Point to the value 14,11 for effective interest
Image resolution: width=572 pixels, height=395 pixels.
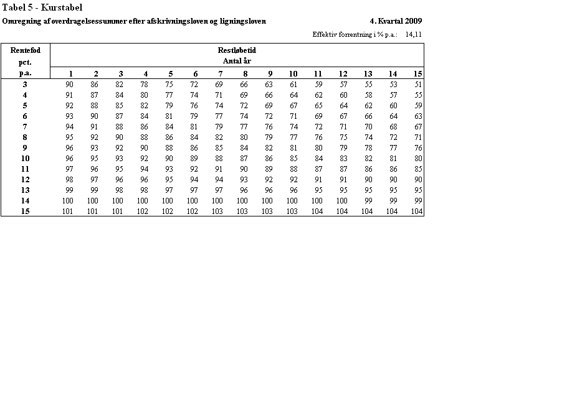pyautogui.click(x=413, y=34)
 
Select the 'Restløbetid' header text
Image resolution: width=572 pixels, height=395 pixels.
pyautogui.click(x=237, y=50)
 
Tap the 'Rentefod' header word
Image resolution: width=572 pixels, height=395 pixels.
pyautogui.click(x=25, y=50)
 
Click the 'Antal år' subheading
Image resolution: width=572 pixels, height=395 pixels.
pyautogui.click(x=237, y=61)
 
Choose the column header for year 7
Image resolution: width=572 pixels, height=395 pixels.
pyautogui.click(x=221, y=73)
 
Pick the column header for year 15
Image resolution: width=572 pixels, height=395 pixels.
pyautogui.click(x=417, y=73)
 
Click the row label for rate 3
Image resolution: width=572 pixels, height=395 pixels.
pyautogui.click(x=25, y=84)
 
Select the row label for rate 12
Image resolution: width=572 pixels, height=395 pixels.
pyautogui.click(x=25, y=179)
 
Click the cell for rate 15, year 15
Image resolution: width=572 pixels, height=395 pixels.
pyautogui.click(x=416, y=211)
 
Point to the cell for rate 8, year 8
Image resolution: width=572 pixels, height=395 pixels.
pyautogui.click(x=244, y=137)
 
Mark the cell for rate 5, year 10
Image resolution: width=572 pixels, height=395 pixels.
pyautogui.click(x=293, y=105)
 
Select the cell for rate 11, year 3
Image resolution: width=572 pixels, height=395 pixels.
pyautogui.click(x=119, y=169)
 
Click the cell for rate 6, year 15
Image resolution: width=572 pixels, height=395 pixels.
pyautogui.click(x=418, y=116)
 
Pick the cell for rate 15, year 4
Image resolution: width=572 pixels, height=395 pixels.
pyautogui.click(x=143, y=211)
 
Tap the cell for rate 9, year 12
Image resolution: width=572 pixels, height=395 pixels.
pyautogui.click(x=343, y=147)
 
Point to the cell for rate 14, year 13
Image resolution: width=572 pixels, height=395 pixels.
pyautogui.click(x=368, y=201)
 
